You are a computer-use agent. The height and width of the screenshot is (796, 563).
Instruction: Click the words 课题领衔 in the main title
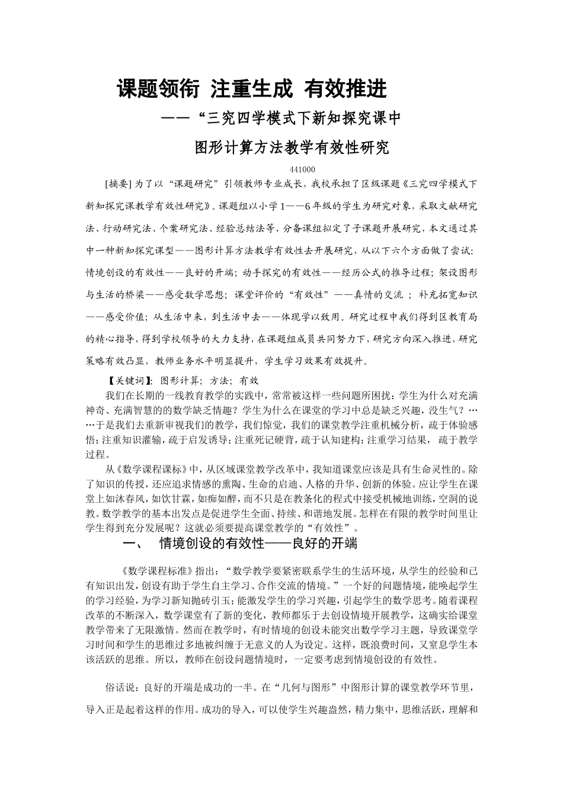click(x=150, y=89)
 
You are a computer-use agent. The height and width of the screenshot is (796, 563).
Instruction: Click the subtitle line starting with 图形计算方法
click(x=292, y=147)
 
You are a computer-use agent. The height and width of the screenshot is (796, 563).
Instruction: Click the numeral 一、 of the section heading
click(x=130, y=543)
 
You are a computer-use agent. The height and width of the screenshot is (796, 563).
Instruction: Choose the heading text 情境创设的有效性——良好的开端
click(x=258, y=543)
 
